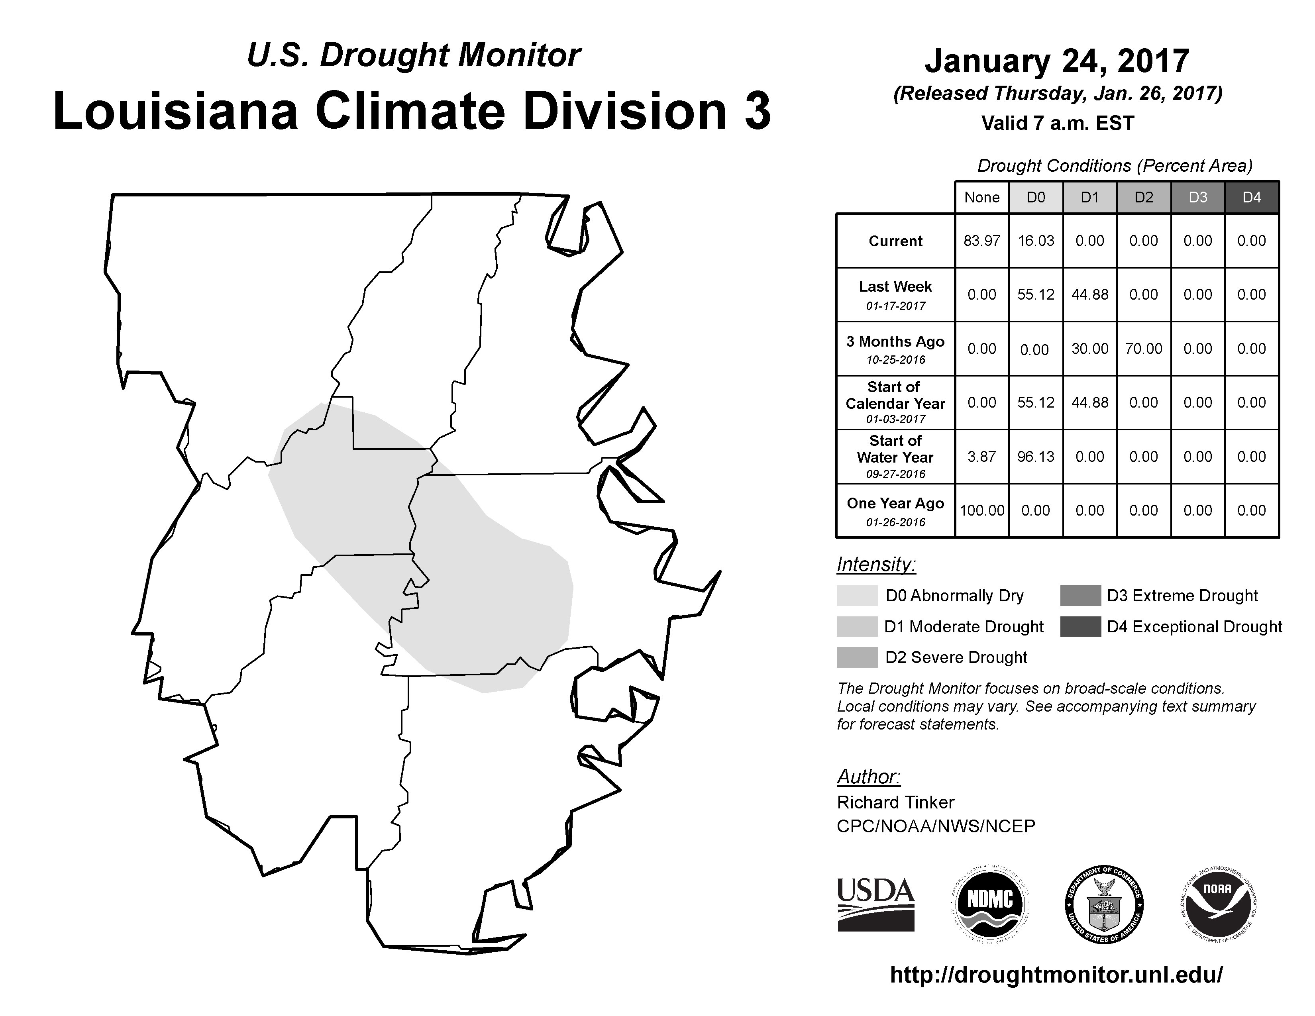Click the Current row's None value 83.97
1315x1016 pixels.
coord(981,241)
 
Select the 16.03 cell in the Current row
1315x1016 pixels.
coord(1036,241)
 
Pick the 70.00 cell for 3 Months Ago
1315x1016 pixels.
coord(1143,349)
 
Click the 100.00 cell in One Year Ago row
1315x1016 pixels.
coord(981,510)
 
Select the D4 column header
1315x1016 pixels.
coord(1252,197)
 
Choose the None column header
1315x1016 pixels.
coord(981,197)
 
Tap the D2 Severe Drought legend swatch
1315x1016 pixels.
coord(857,657)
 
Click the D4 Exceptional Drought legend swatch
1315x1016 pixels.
coord(1081,627)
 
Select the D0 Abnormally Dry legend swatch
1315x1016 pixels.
coord(857,595)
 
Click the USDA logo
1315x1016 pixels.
coord(875,905)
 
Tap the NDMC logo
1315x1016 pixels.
coord(990,905)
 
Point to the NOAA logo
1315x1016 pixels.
coord(1217,905)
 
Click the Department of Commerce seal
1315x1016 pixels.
coord(1104,905)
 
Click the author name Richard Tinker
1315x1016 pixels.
coord(895,802)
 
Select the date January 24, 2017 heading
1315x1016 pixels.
coord(1057,61)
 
